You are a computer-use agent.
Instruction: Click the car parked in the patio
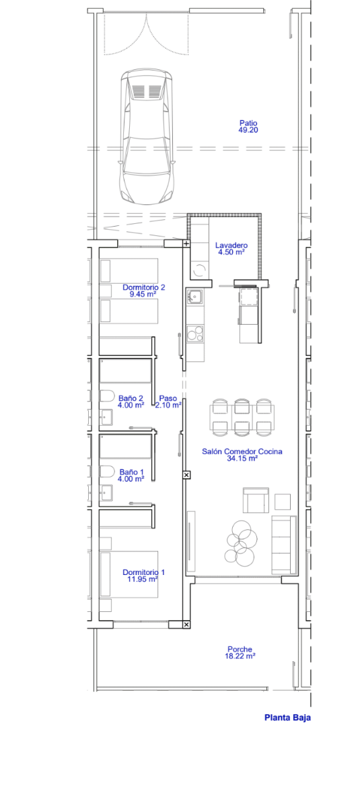pyautogui.click(x=146, y=136)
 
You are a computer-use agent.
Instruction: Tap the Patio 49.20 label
pyautogui.click(x=248, y=126)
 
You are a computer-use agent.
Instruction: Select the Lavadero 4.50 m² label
pyautogui.click(x=231, y=249)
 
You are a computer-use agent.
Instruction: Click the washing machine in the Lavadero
pyautogui.click(x=200, y=269)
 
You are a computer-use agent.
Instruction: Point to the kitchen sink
pyautogui.click(x=194, y=296)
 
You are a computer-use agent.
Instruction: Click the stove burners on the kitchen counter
pyautogui.click(x=195, y=334)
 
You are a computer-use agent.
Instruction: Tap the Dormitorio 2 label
pyautogui.click(x=144, y=287)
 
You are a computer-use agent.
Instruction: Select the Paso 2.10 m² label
pyautogui.click(x=168, y=401)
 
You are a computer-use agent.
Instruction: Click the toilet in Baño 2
pyautogui.click(x=107, y=396)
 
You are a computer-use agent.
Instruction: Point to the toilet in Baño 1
pyautogui.click(x=107, y=471)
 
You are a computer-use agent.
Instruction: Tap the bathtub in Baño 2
pyautogui.click(x=125, y=371)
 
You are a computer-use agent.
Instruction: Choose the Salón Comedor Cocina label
pyautogui.click(x=242, y=451)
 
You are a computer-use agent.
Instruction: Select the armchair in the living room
pyautogui.click(x=256, y=500)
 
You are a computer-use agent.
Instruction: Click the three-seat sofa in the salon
pyautogui.click(x=283, y=544)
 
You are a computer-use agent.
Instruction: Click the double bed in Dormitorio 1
pyautogui.click(x=129, y=574)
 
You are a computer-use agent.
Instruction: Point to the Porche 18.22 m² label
pyautogui.click(x=240, y=652)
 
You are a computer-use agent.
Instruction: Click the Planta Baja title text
pyautogui.click(x=287, y=718)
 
